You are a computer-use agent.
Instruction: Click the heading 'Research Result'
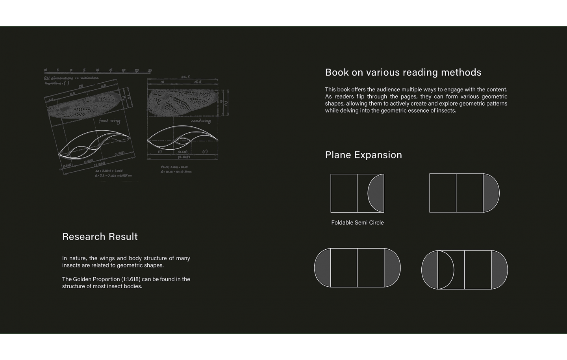click(x=100, y=236)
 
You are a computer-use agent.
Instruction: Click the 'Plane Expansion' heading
click(x=363, y=155)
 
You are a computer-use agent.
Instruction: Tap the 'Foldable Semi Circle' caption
click(x=357, y=223)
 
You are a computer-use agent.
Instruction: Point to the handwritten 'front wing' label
click(x=109, y=121)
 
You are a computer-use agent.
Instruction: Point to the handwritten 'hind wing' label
click(x=201, y=121)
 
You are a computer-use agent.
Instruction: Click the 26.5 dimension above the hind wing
click(x=185, y=77)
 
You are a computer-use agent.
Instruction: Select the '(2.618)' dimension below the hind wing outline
click(x=183, y=157)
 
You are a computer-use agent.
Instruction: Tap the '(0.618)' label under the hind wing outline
click(x=182, y=152)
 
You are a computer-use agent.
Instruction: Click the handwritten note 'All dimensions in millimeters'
click(x=71, y=78)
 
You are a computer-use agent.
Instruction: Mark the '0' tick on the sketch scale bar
click(x=71, y=71)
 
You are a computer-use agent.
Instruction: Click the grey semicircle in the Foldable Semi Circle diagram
click(x=376, y=193)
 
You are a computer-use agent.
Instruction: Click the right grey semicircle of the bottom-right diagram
click(x=499, y=270)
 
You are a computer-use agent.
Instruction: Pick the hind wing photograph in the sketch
click(x=181, y=102)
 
